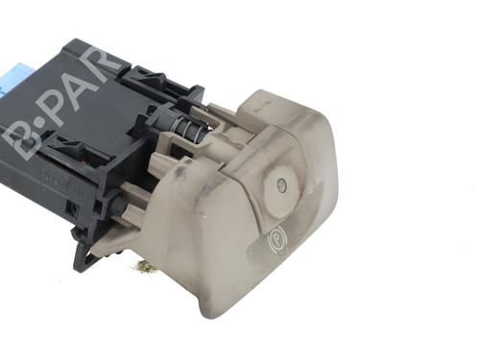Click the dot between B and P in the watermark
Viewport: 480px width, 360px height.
tap(39, 125)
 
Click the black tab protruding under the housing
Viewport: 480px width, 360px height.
tap(84, 255)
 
